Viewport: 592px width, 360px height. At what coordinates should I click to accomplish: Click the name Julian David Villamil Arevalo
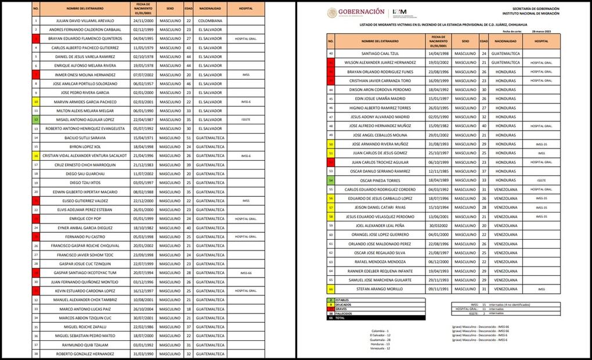85,21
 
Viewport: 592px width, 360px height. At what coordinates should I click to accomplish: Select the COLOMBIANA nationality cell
210,21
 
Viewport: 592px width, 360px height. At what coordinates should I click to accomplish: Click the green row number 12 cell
36,120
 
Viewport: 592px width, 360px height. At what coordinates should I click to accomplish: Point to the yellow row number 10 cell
36,102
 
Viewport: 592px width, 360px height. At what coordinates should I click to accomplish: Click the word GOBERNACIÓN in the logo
361,12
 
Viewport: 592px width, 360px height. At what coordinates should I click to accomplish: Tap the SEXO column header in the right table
465,42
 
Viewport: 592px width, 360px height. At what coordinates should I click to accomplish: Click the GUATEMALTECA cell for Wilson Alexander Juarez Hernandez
505,62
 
